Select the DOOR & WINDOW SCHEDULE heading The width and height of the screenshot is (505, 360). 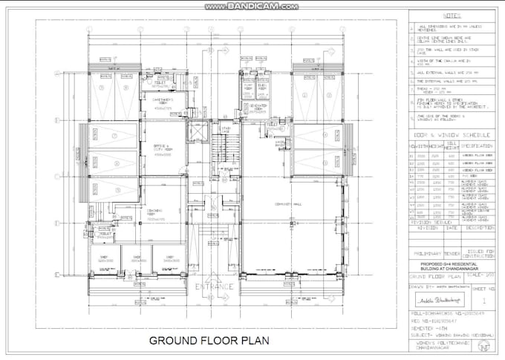click(x=450, y=135)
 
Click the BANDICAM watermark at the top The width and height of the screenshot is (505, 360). click(x=253, y=5)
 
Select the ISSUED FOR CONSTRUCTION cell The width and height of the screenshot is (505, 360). click(x=477, y=253)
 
